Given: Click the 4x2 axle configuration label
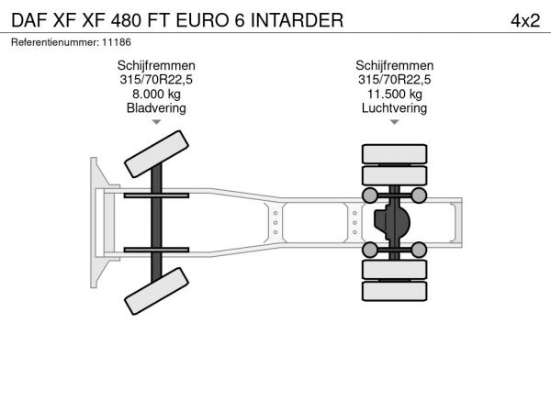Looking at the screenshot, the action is [x=525, y=21].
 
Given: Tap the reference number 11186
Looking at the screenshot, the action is [x=117, y=42].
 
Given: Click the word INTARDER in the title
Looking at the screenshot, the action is [x=297, y=20].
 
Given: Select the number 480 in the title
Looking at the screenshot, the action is [x=126, y=20].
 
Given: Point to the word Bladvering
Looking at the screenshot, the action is [x=156, y=107].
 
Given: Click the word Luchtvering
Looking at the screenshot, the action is [x=394, y=107].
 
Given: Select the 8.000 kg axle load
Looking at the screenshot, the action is [x=156, y=94].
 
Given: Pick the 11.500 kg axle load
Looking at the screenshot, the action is [x=394, y=94].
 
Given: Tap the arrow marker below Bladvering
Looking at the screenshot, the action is [x=156, y=122].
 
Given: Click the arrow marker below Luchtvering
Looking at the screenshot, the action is [x=395, y=122].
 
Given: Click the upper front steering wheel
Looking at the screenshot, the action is [x=156, y=154].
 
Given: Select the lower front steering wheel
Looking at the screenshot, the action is [x=156, y=291].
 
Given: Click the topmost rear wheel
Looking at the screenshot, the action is [x=394, y=154].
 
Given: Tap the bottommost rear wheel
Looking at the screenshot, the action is [x=394, y=291].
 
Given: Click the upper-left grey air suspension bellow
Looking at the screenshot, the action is [x=370, y=195].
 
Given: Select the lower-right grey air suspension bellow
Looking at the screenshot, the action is [x=419, y=250].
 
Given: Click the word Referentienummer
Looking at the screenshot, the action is [x=55, y=42].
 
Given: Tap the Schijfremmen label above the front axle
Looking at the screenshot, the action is [x=156, y=66].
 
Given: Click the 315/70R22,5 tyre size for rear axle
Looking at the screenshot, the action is [x=394, y=80].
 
